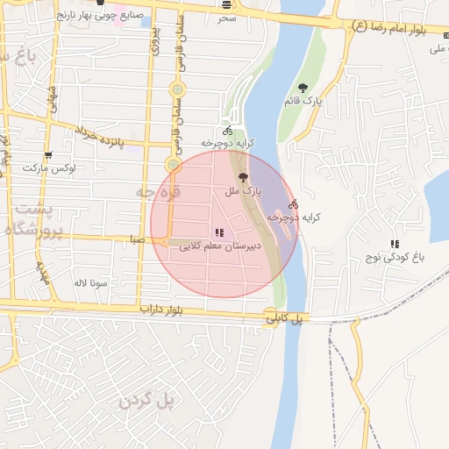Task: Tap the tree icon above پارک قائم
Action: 303,88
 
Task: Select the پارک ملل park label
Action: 243,190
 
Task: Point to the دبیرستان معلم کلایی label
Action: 220,247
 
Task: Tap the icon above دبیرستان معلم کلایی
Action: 219,233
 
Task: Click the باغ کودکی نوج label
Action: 396,258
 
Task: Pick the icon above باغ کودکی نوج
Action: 396,244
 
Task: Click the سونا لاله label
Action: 90,282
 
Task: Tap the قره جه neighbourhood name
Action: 158,190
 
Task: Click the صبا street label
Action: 136,239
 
